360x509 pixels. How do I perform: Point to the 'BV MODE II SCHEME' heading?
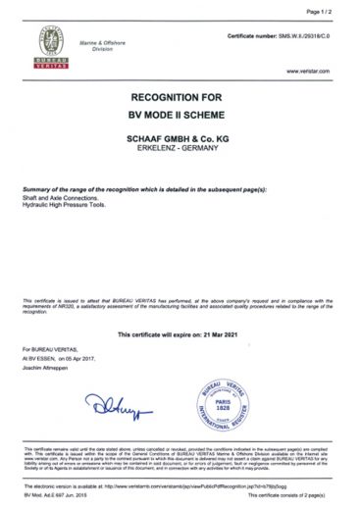[179, 116]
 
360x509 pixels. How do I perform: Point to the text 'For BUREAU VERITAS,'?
[48, 348]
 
